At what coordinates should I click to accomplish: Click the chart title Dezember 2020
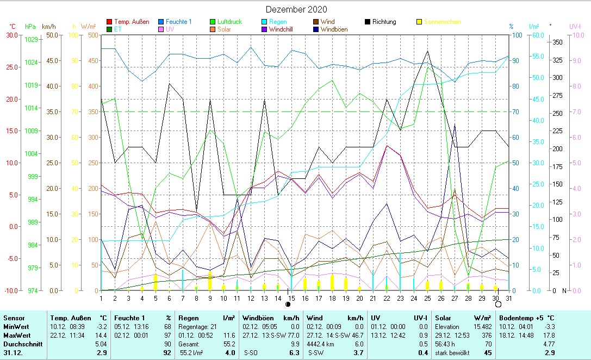click(296, 9)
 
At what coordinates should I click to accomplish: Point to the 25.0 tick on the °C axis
click(11, 67)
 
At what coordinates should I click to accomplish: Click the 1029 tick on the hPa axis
click(31, 40)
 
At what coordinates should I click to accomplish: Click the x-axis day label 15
click(291, 298)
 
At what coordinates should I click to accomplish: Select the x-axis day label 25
click(427, 298)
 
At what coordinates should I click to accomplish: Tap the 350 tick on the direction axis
click(557, 42)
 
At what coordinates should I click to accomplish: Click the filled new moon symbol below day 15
click(288, 304)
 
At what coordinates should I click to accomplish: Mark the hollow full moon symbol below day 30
click(498, 304)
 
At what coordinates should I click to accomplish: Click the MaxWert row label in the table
click(17, 335)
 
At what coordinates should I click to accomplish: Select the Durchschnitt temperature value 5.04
click(101, 344)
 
